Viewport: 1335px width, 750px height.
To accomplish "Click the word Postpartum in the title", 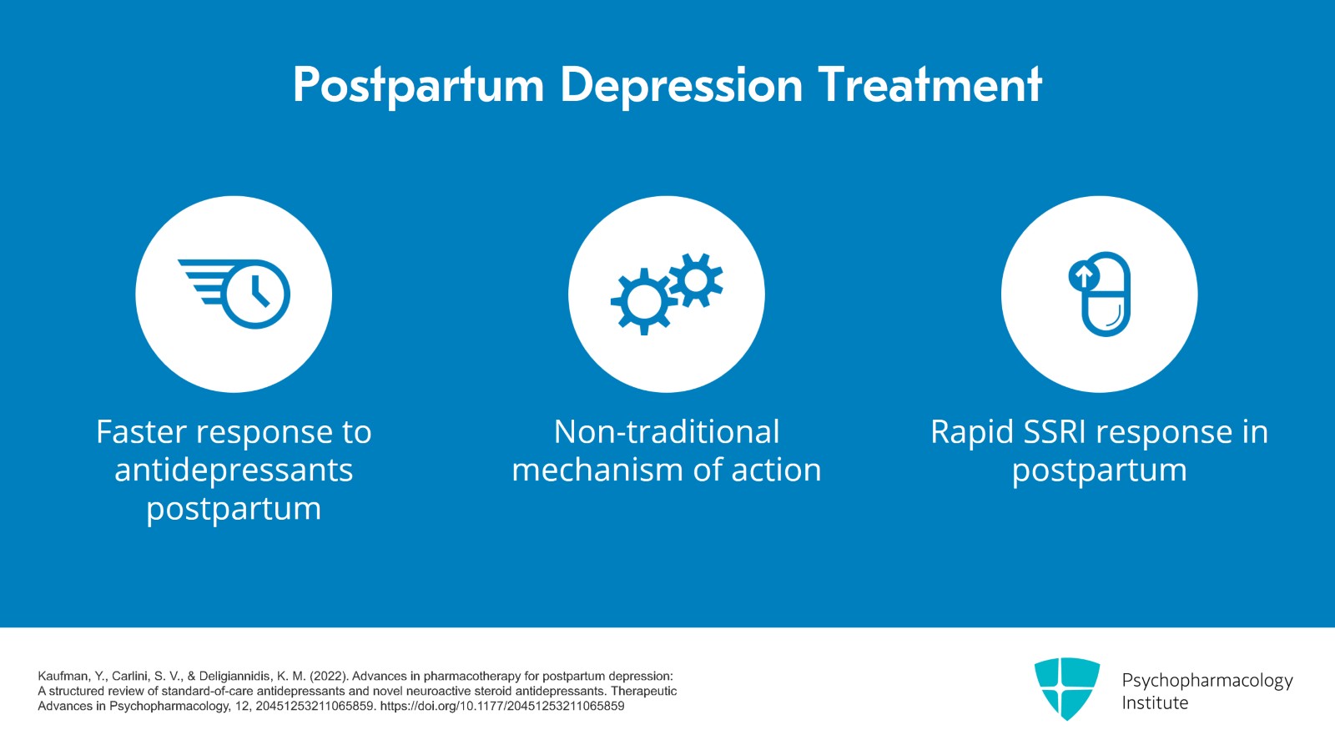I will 418,85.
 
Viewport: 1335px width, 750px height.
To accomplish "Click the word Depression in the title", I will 681,85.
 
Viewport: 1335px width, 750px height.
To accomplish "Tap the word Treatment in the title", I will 929,85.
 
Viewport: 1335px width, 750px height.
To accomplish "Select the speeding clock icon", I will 236,294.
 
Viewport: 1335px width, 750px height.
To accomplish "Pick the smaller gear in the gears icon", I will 695,279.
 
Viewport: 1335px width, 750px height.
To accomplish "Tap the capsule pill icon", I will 1105,296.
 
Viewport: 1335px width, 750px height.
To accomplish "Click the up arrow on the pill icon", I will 1083,274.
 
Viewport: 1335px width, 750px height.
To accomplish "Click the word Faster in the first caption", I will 141,432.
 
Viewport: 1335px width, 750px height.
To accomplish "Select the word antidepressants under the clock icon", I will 234,471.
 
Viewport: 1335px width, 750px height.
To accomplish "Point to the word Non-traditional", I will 666,432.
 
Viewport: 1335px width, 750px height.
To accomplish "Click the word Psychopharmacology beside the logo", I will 1207,680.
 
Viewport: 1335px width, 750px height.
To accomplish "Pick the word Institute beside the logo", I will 1155,703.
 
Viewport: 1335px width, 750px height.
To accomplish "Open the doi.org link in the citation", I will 501,707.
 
